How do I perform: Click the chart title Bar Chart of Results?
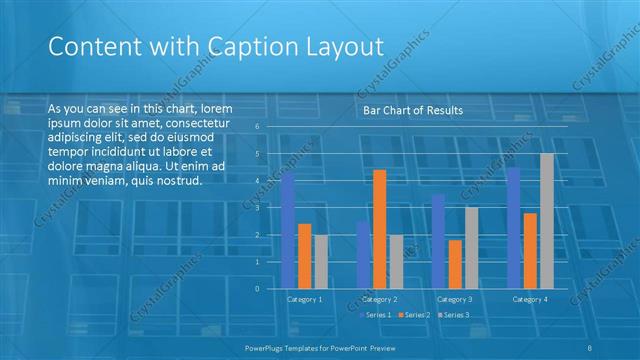(x=413, y=110)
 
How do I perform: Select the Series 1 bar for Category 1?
(x=288, y=230)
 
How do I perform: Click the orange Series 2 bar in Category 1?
(x=304, y=256)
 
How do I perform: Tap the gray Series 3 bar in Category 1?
(x=320, y=261)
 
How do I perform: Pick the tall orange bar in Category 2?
(x=379, y=229)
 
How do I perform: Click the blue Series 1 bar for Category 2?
(x=363, y=254)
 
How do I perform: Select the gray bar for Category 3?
(x=471, y=248)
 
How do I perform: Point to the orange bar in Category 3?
(x=455, y=264)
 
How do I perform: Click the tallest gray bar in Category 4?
(x=546, y=221)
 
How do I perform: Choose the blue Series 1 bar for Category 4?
(x=514, y=228)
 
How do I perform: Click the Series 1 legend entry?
(x=375, y=315)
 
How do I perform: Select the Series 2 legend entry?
(x=414, y=315)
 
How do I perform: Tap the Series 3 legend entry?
(x=453, y=315)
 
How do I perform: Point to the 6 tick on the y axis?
(x=257, y=127)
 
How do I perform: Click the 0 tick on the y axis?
(x=257, y=289)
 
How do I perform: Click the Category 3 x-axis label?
(x=455, y=299)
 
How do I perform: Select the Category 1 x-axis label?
(x=304, y=299)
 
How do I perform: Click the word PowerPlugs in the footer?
(x=267, y=347)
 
